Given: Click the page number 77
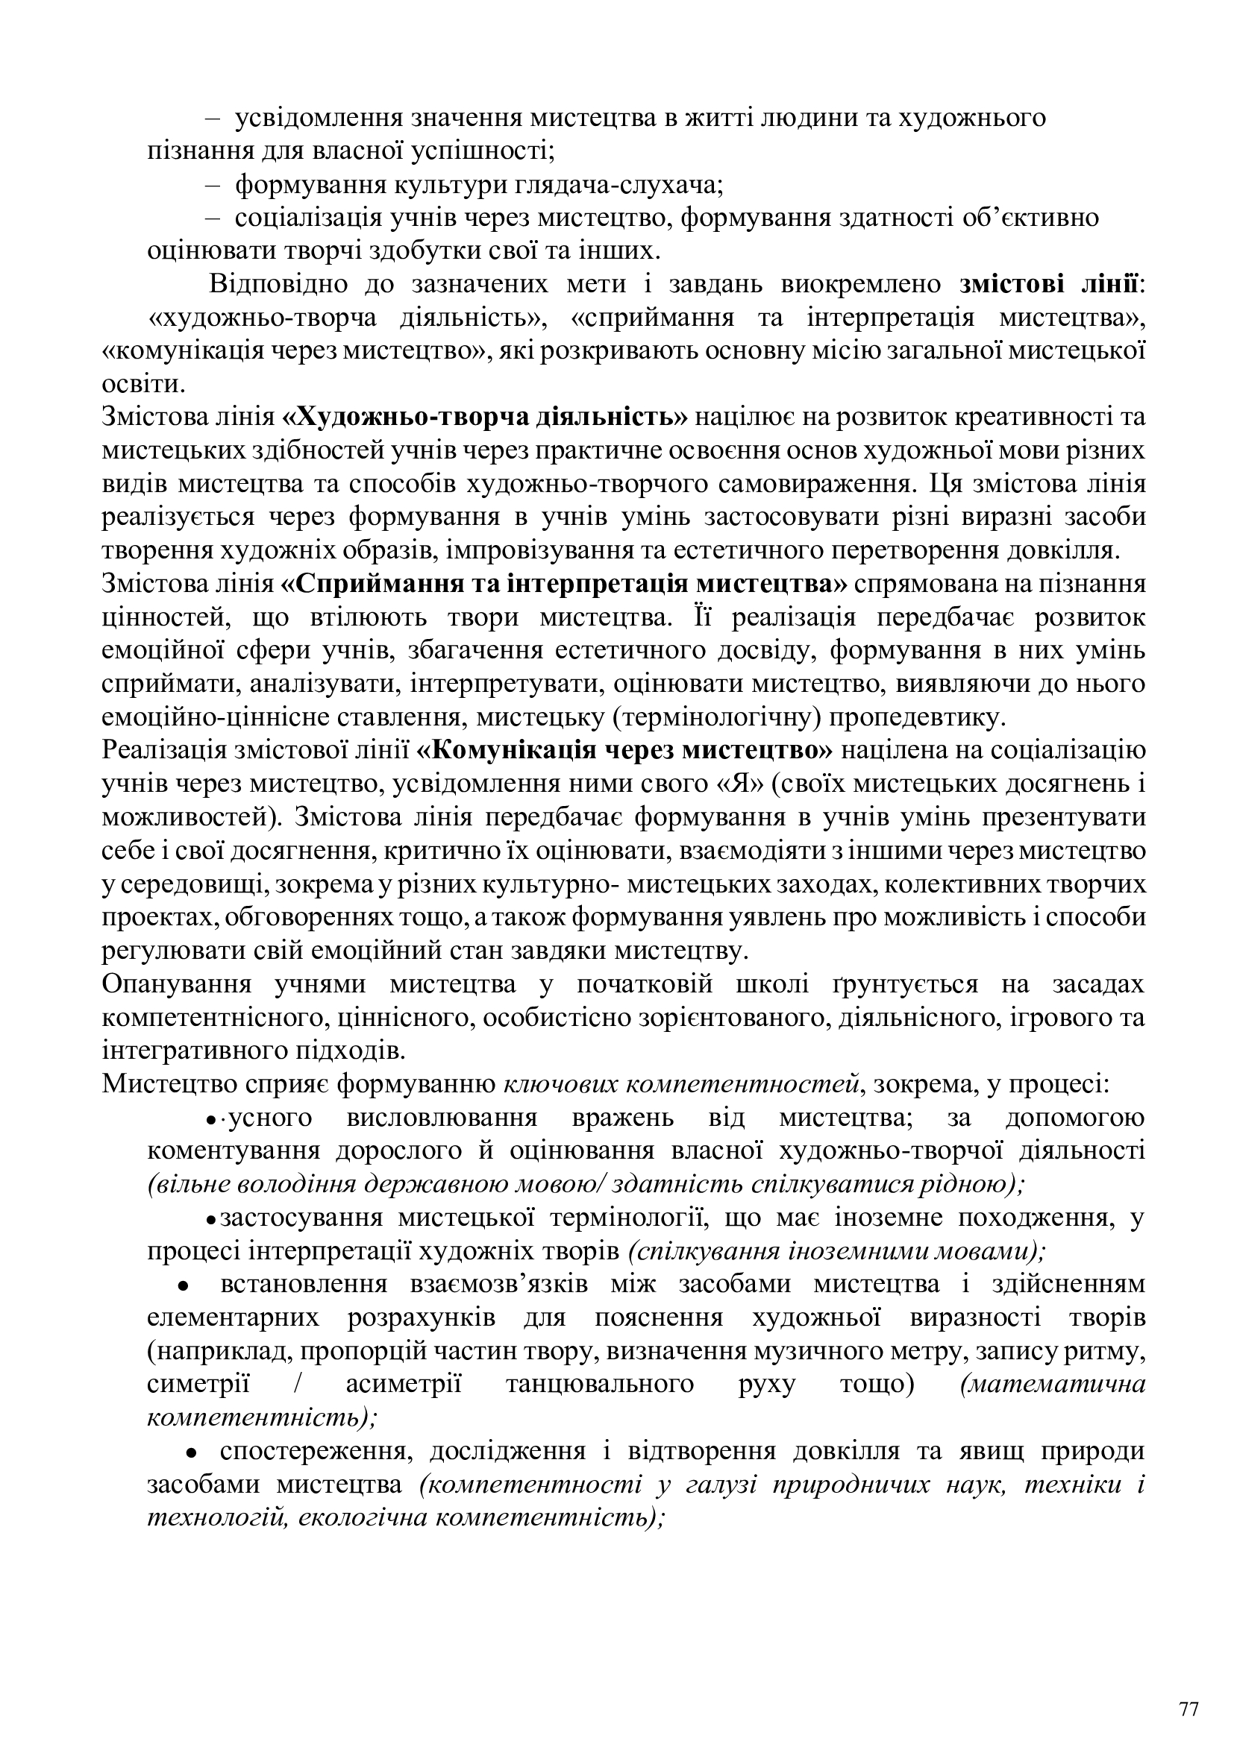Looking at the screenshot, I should click(x=1188, y=1689).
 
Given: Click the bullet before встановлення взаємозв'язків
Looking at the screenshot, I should click(x=182, y=1285).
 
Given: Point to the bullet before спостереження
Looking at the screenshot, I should click(x=193, y=1452).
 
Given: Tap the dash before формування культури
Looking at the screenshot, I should click(x=212, y=185).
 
